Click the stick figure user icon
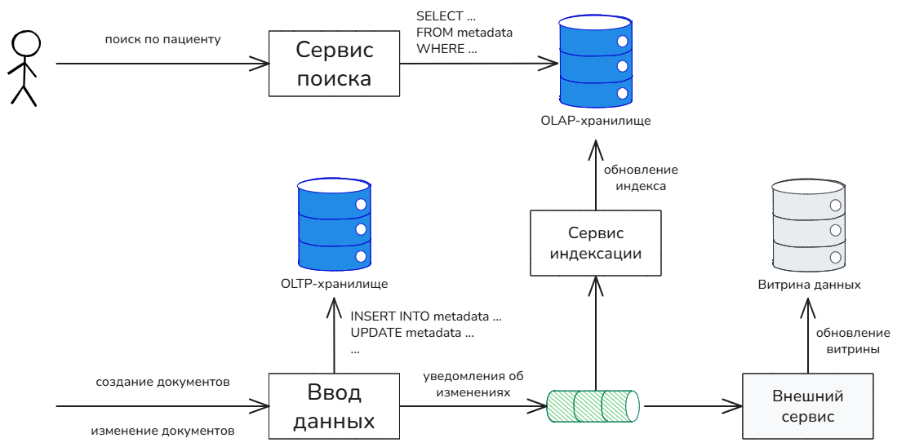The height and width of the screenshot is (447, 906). click(24, 69)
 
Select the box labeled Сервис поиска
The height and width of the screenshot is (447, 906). click(335, 64)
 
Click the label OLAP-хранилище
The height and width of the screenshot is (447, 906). click(596, 121)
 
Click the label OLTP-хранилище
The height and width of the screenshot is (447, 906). click(334, 284)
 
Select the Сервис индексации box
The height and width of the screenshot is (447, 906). click(595, 241)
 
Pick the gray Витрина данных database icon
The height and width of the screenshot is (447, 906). click(807, 226)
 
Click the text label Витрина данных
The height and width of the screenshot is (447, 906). click(809, 285)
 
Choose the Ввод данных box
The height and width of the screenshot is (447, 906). click(335, 406)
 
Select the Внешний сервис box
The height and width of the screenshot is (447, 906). click(807, 406)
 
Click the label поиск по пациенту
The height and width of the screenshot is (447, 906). click(163, 39)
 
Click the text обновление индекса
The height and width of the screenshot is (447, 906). click(641, 178)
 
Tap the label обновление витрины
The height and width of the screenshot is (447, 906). click(853, 341)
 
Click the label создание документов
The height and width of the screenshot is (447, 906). click(162, 381)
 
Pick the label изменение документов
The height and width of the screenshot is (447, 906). click(162, 430)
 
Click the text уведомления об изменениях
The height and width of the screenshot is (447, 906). click(473, 383)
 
